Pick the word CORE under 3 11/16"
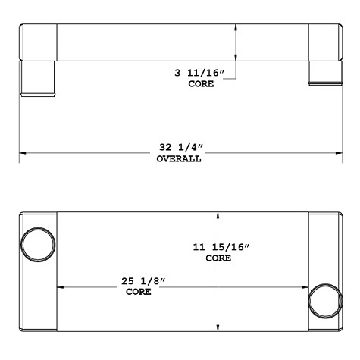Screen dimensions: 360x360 (201, 84)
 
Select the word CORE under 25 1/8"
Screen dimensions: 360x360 (139, 292)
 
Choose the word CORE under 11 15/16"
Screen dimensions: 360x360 (218, 259)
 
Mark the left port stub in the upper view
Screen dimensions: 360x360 (38, 77)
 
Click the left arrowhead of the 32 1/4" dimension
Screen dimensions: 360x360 (23, 153)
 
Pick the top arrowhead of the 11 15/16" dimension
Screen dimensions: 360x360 (218, 215)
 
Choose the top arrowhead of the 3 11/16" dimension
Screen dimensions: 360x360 (238, 27)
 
